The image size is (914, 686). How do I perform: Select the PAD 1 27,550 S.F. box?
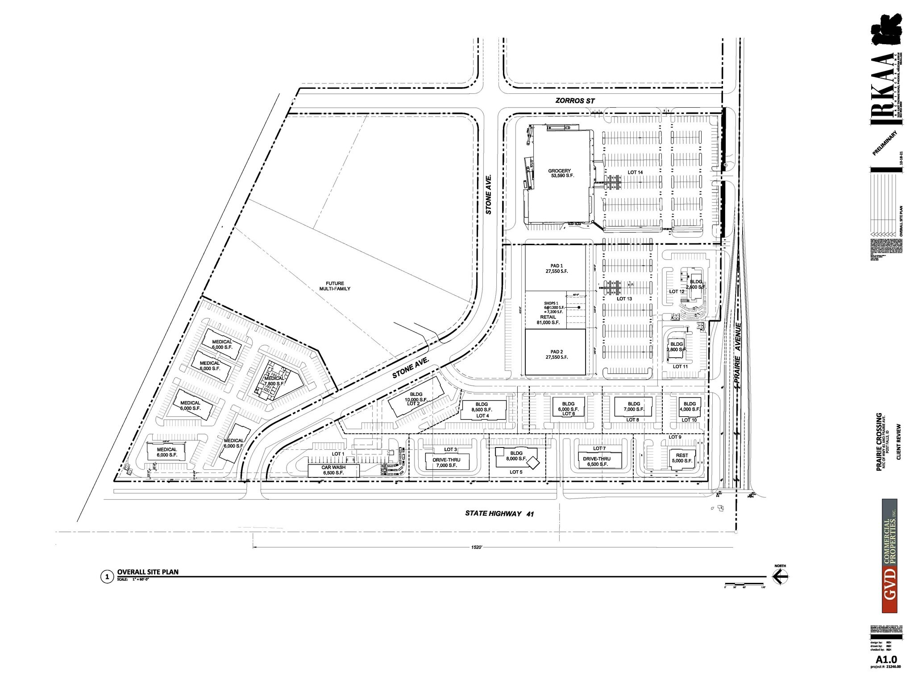tap(555, 268)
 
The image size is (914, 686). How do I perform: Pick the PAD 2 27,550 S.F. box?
tap(555, 354)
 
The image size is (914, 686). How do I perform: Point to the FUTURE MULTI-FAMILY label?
tap(337, 286)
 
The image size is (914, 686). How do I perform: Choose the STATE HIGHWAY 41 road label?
tap(499, 514)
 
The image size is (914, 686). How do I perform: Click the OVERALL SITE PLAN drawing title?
tap(148, 572)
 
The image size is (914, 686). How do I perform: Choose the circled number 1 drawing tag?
tap(107, 577)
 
